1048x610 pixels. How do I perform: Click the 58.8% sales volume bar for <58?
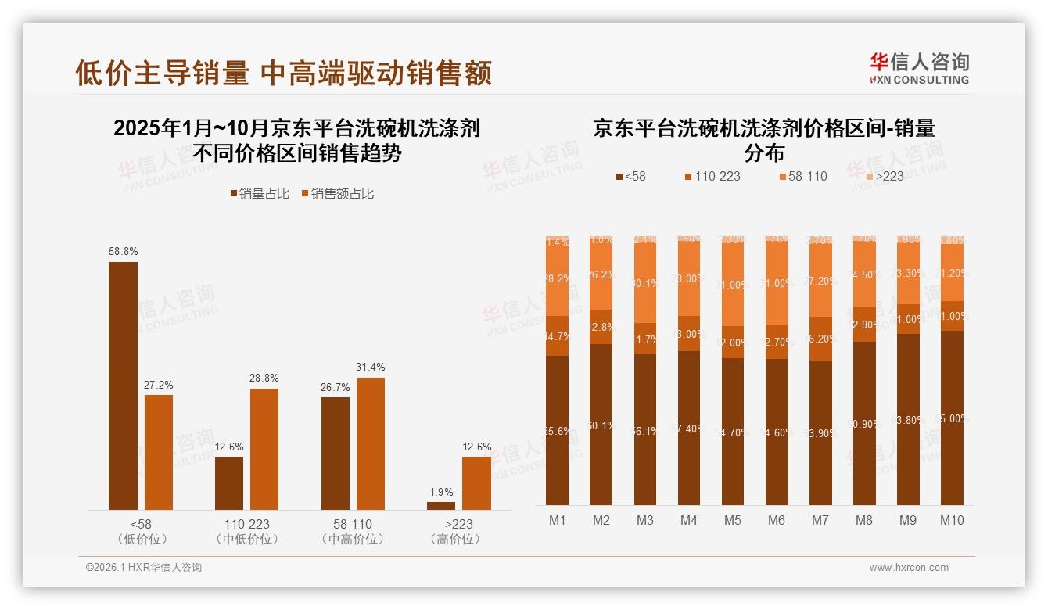(123, 386)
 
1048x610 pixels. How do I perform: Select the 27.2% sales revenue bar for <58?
(159, 452)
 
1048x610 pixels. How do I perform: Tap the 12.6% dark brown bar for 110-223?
(229, 483)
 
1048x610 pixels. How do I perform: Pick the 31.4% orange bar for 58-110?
(371, 443)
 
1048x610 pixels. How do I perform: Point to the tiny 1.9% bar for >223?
(441, 505)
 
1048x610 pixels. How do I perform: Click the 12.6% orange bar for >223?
(476, 483)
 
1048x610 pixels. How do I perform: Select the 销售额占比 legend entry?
(337, 194)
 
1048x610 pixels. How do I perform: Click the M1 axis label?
(557, 521)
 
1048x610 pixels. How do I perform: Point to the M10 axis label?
(952, 521)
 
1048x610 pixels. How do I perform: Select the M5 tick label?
(732, 521)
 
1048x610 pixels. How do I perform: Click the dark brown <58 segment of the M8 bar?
(864, 423)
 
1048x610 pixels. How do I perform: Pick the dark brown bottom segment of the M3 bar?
(644, 429)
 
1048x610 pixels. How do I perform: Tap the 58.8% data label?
(123, 252)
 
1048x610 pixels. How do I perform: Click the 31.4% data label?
(371, 368)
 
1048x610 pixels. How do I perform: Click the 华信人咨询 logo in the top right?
(919, 68)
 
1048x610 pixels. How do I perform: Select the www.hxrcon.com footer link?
(909, 568)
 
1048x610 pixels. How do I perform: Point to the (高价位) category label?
(459, 540)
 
